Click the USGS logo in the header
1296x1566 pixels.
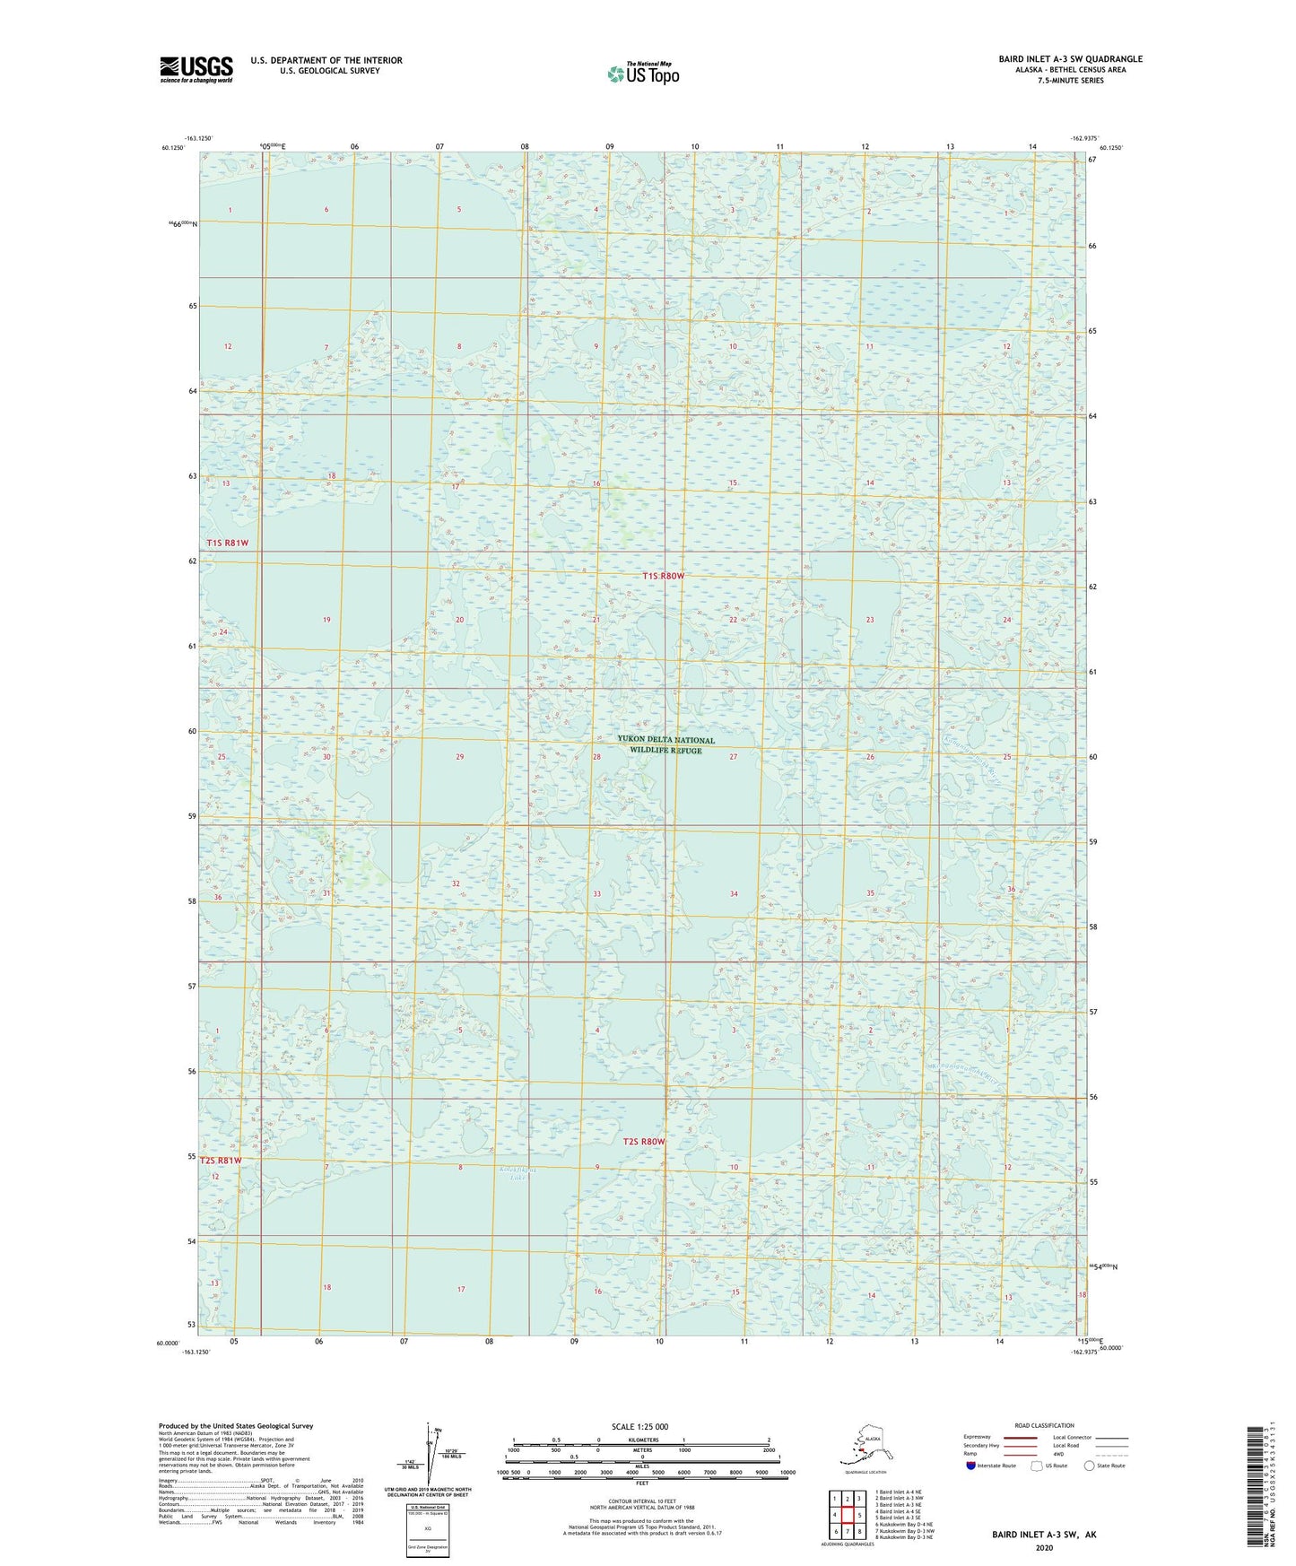(196, 69)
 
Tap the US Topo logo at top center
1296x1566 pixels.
(642, 73)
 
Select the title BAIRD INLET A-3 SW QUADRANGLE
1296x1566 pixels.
(1070, 59)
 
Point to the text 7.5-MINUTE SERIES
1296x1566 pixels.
(1070, 81)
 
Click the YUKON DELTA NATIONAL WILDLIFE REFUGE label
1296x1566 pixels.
(665, 744)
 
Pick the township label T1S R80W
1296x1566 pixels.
(663, 576)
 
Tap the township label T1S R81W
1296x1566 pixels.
(228, 543)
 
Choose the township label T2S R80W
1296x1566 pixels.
(644, 1142)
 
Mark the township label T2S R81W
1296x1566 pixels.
(221, 1161)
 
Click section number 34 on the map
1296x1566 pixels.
(734, 893)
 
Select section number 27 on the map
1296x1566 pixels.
(733, 757)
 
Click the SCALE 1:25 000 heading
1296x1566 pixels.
(640, 1426)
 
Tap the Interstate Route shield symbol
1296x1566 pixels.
(971, 1466)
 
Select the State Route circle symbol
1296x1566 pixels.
(1090, 1466)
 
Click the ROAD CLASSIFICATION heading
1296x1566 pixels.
(1044, 1425)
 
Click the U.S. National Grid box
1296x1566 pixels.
(427, 1525)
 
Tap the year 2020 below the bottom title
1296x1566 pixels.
(1043, 1547)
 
